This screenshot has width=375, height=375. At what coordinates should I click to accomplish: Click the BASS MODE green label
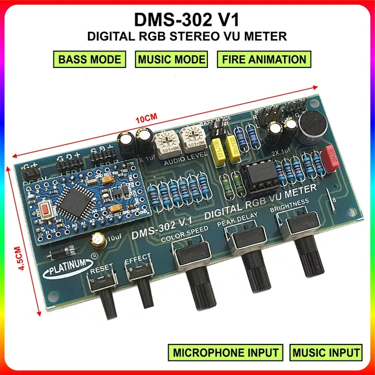tap(90, 59)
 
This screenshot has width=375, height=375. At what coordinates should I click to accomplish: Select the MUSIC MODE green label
tap(172, 59)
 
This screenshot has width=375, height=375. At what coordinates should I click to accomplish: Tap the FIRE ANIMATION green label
tap(264, 59)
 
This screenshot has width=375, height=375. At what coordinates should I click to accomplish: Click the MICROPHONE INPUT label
tap(226, 353)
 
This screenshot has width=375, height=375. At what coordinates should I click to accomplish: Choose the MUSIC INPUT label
tap(326, 353)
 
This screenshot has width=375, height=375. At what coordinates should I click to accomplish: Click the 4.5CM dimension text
tap(22, 258)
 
